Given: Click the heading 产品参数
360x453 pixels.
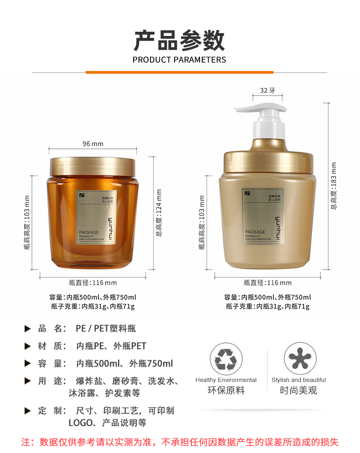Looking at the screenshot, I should coord(179,41).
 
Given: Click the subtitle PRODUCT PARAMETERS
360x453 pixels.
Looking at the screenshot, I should coord(179,60).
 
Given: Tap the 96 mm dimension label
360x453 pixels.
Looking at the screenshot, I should coord(93,144).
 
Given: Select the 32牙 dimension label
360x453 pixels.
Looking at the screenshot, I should coord(267,90).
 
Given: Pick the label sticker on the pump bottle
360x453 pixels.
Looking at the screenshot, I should coord(263,216).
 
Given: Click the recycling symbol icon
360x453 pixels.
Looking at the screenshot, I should coord(226,359).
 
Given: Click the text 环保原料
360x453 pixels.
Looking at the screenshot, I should coord(226,390).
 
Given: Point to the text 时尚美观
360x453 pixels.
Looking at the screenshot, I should coord(298,390).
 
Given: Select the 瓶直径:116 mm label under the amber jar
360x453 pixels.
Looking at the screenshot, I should coord(93,283).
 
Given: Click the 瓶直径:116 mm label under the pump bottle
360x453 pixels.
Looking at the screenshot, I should coord(267,283).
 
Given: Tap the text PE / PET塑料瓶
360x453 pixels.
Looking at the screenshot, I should coord(106,328).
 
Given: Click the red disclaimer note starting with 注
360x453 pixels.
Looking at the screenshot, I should coord(180,442).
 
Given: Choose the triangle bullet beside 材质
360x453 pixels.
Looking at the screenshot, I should coord(28,346).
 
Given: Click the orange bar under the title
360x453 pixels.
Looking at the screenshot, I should coord(179,72).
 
